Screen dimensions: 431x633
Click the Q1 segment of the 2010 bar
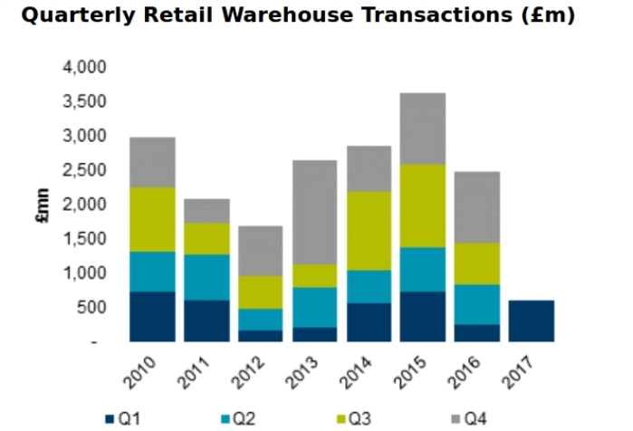click(152, 316)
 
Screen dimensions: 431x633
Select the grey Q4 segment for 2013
click(315, 212)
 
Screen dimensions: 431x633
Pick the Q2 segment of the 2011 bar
click(206, 277)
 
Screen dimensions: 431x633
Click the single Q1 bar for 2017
click(532, 321)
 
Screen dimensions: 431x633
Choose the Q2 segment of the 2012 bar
click(261, 320)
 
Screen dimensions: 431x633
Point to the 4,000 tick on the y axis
click(84, 67)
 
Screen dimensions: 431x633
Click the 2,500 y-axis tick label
click(84, 170)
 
